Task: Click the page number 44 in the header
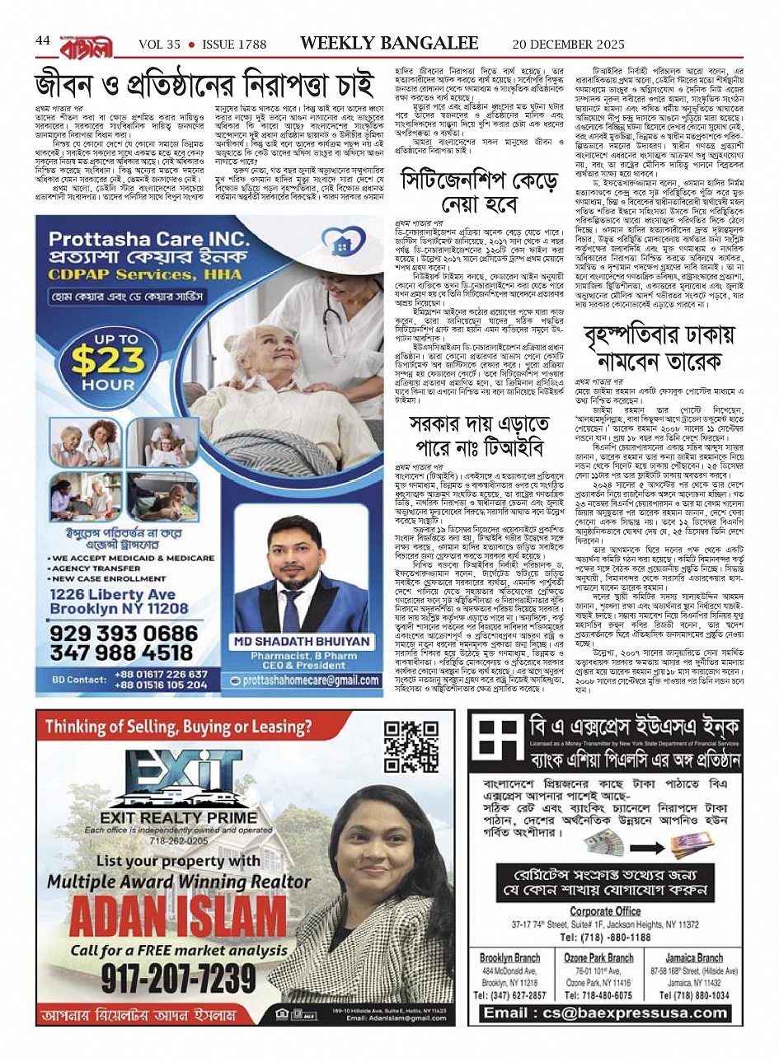coord(43,42)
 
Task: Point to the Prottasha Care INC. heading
coord(148,240)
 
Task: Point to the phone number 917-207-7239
coord(178,977)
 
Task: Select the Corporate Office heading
coord(605,910)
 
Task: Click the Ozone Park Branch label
coord(598,957)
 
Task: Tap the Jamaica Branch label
coord(694,957)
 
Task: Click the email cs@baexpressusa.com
coord(605,1013)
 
